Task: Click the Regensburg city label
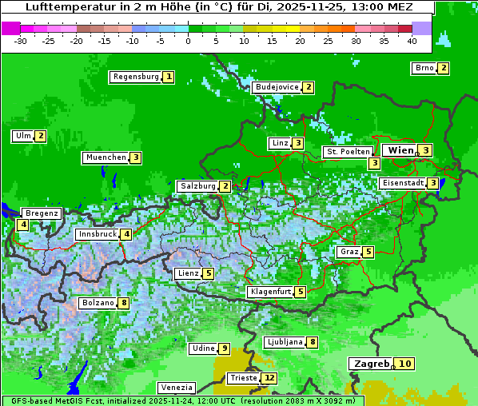(136, 77)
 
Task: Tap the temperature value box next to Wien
(426, 150)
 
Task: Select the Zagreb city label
(371, 364)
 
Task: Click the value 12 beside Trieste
(269, 378)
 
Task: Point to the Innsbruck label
(96, 234)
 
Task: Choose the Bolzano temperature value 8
(123, 303)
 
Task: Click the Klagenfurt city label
(270, 292)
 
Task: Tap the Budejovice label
(277, 87)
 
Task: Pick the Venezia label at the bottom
(176, 387)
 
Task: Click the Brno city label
(424, 68)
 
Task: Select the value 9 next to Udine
(225, 348)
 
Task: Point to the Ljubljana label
(284, 342)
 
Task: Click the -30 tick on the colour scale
(21, 41)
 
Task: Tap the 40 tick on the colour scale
(412, 41)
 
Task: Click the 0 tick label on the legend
(188, 41)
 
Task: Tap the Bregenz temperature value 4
(22, 225)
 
